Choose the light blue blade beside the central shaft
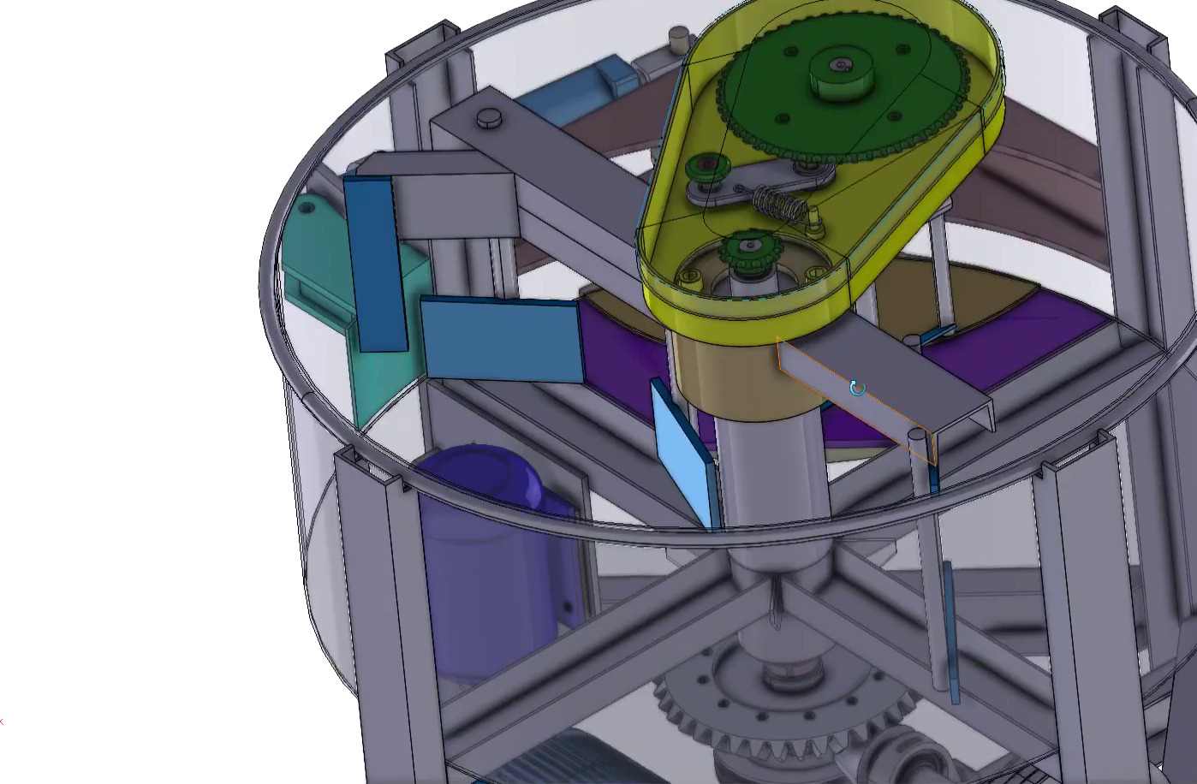685,454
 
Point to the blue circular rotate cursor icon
857,389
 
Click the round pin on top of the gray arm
490,117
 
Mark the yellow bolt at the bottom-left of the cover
690,276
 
